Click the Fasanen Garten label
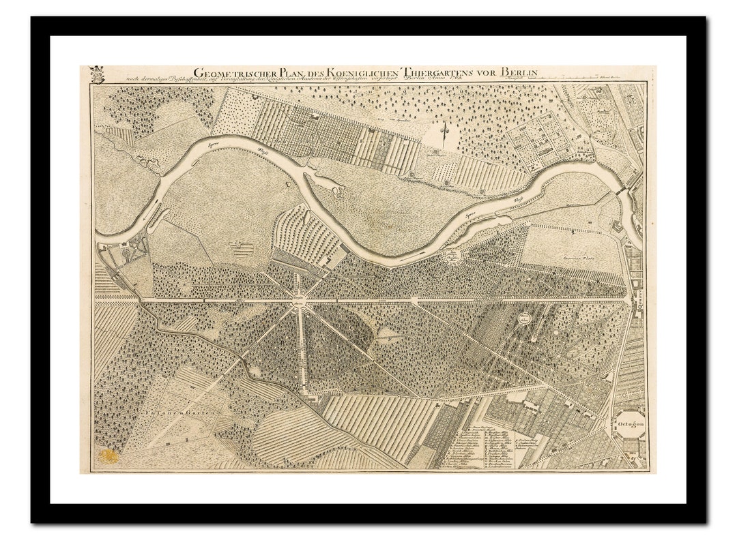(180, 413)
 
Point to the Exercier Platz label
(576, 260)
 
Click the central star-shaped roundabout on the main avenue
(300, 299)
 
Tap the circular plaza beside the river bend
(452, 256)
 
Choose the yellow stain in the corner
(107, 455)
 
